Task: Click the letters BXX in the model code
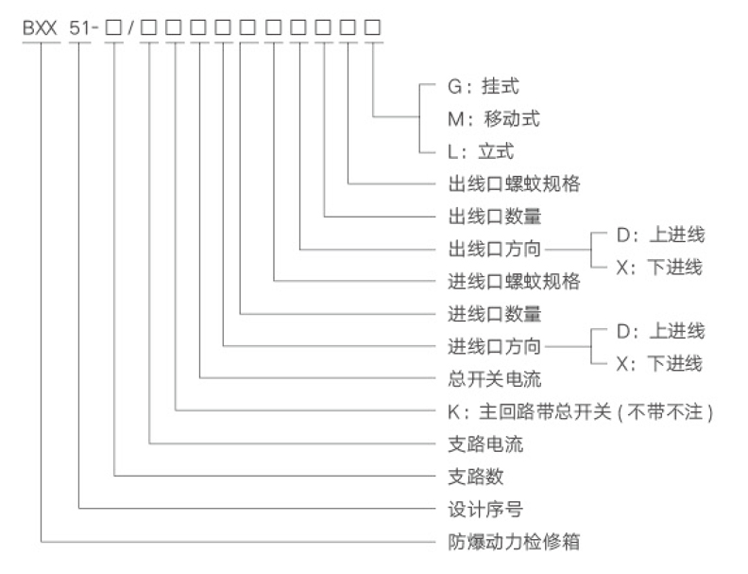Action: (40, 27)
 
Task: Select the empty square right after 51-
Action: (113, 27)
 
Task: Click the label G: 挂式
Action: (484, 86)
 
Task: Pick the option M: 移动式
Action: (494, 119)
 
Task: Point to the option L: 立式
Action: (481, 151)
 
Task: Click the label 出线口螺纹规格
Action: (514, 183)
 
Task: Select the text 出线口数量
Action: (495, 217)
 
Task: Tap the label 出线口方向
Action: (494, 249)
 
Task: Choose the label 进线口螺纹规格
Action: (514, 281)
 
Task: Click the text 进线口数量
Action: (495, 314)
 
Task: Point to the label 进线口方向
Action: (494, 346)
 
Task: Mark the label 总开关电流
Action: (495, 379)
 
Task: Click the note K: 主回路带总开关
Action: (530, 411)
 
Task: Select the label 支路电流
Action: (485, 444)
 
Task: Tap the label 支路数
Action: (476, 477)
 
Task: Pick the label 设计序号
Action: (485, 509)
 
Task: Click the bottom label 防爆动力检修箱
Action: (514, 542)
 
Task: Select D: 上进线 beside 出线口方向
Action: (661, 235)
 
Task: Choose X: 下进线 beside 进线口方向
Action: (660, 364)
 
